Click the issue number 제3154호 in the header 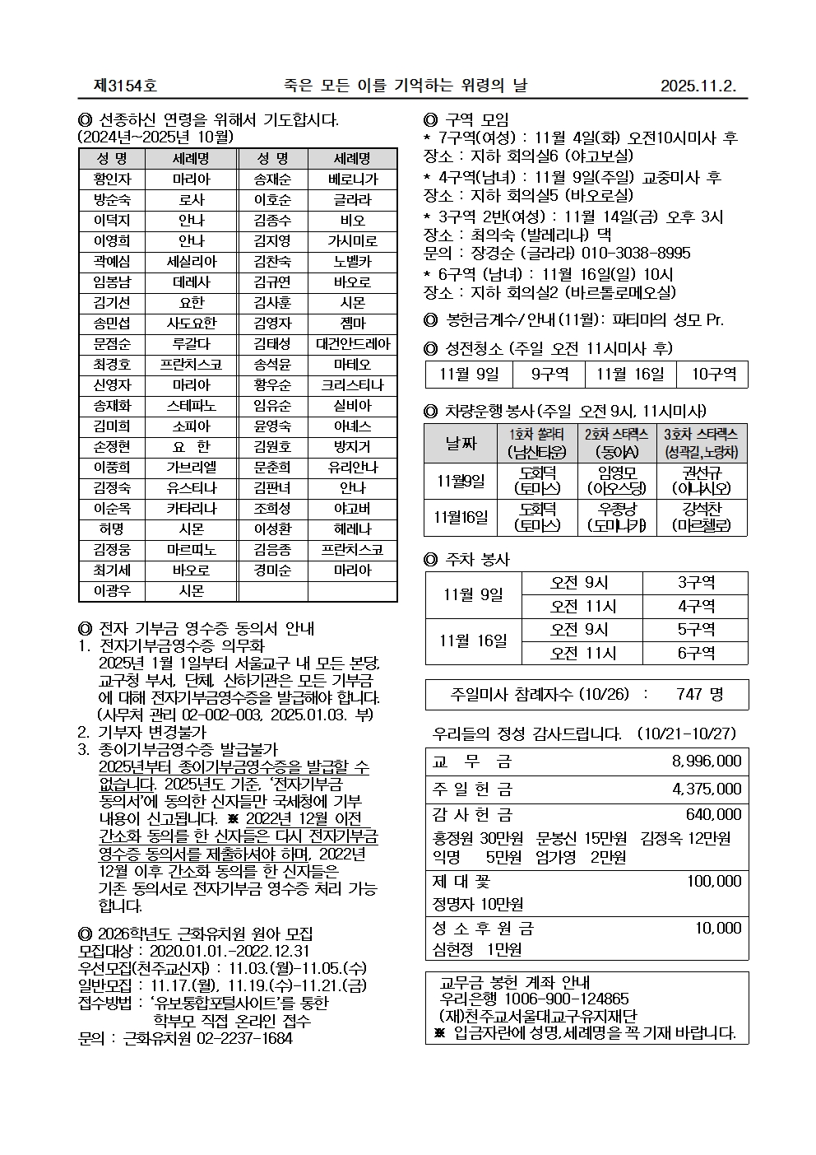(125, 86)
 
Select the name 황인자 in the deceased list (112, 179)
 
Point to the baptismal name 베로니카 (353, 179)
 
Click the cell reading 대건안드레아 (353, 344)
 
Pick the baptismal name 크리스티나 (353, 385)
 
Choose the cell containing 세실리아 (192, 262)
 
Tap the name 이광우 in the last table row (112, 591)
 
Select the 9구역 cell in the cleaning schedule (549, 375)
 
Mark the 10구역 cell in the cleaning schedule (712, 375)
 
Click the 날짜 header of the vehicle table (461, 443)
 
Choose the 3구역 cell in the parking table (696, 583)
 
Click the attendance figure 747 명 (699, 694)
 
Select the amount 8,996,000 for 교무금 (706, 761)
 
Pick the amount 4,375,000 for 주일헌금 (706, 789)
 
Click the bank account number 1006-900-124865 (567, 999)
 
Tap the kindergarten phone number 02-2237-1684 (244, 1038)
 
